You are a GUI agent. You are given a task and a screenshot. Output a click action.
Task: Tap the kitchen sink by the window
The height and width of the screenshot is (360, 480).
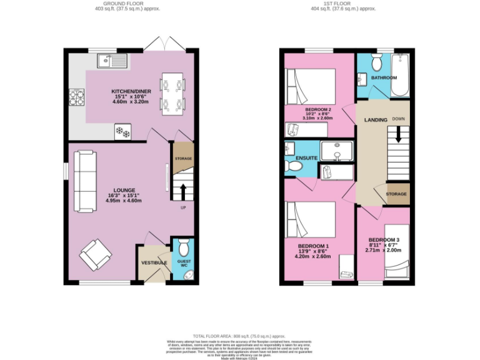[x=112, y=61]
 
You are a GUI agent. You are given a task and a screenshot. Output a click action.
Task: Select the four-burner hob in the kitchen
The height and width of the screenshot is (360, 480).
[x=77, y=97]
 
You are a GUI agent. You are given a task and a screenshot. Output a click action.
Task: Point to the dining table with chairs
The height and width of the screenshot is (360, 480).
[x=172, y=94]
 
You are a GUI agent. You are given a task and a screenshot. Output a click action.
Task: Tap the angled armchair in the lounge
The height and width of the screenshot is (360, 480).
[x=95, y=254]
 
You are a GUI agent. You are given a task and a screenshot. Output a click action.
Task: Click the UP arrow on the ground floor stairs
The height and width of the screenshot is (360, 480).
[x=183, y=190]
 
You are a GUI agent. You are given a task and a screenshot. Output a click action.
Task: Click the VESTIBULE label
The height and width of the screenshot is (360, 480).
[x=154, y=262]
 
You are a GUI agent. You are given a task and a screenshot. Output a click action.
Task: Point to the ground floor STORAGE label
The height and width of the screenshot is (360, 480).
[x=183, y=159]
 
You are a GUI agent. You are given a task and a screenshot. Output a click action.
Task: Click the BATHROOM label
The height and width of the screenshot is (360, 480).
[x=383, y=77]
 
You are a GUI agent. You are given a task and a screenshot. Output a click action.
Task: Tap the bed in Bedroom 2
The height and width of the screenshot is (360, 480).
[x=311, y=87]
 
